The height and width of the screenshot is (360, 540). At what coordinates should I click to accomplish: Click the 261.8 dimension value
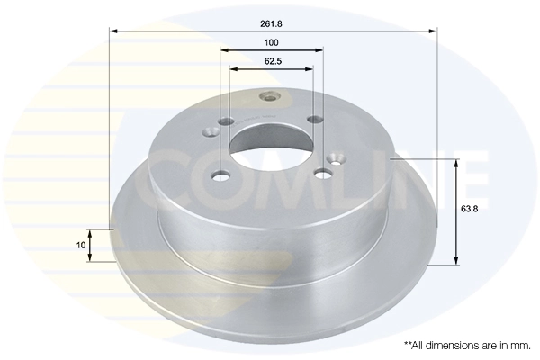(x=272, y=20)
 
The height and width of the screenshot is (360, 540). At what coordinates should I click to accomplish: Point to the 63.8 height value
(x=470, y=208)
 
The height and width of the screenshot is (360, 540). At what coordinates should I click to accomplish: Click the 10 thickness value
(x=81, y=245)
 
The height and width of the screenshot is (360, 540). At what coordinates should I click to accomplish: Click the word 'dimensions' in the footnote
(x=455, y=345)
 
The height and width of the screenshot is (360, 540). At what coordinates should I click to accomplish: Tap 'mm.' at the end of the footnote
(x=519, y=345)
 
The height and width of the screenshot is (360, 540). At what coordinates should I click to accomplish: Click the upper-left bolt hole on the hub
(x=225, y=121)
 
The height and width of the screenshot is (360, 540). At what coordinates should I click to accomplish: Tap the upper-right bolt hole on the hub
(x=313, y=120)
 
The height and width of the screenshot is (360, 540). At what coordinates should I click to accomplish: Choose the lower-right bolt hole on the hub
(x=320, y=175)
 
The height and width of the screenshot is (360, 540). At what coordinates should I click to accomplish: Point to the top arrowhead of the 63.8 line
(x=456, y=163)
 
